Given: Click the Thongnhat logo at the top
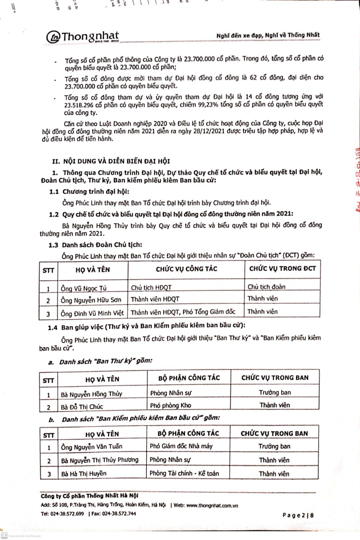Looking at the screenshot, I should pos(83,37).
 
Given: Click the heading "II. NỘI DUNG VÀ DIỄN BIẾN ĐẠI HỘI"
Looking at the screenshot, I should pos(111,162).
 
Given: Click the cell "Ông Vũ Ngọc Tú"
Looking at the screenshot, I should pos(83,289).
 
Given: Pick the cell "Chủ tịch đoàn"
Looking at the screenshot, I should pos(266,287).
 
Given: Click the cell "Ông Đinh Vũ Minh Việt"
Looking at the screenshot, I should pos(92,314).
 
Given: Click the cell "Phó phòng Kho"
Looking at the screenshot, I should pos(169,406).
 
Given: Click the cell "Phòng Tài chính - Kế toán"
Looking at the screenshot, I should pos(184,473).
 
